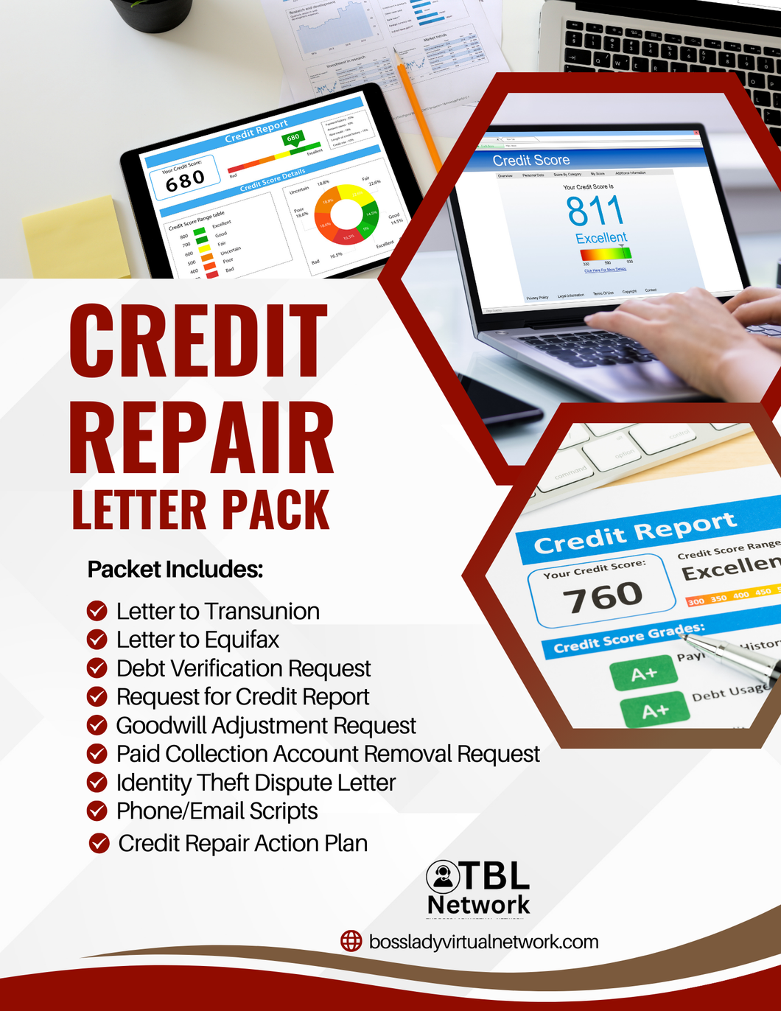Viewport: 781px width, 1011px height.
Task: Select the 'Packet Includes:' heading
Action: click(x=175, y=570)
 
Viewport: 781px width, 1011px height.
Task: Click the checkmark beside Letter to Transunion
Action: click(x=97, y=611)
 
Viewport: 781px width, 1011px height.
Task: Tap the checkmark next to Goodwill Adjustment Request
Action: click(x=97, y=725)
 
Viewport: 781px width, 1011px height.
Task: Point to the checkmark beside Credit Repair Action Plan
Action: click(x=99, y=843)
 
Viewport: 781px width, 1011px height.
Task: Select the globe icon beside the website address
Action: click(x=351, y=941)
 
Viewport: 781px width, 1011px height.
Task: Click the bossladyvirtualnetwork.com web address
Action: click(x=483, y=942)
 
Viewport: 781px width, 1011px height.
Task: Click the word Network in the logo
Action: click(x=478, y=904)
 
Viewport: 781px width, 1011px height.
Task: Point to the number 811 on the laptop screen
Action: click(x=595, y=211)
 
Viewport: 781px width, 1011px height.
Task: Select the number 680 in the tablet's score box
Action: click(x=185, y=180)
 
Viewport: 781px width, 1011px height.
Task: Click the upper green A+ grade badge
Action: click(x=643, y=674)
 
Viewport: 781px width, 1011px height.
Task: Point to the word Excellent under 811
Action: click(x=600, y=238)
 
